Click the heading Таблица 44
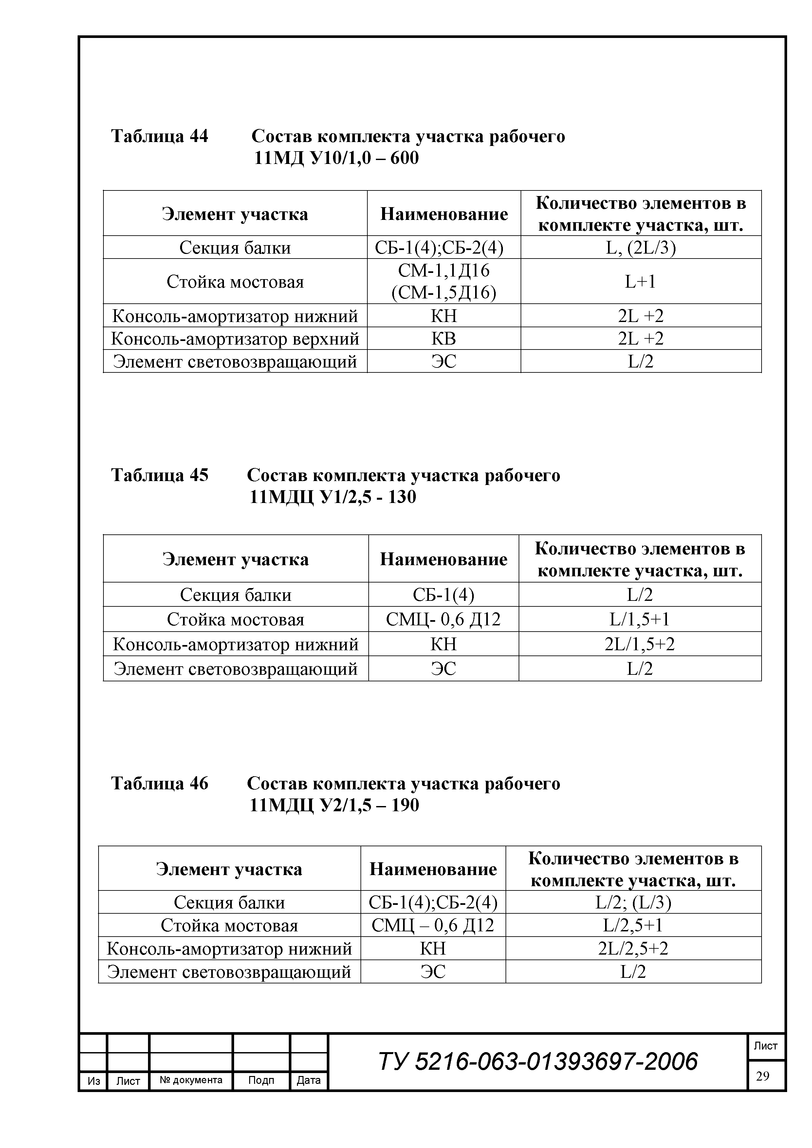point(159,136)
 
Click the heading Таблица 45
point(159,475)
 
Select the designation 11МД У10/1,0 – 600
point(336,158)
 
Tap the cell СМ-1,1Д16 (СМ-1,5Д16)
point(444,281)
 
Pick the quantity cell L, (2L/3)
point(640,247)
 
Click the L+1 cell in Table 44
point(640,281)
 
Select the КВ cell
point(444,338)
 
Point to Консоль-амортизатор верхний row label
point(235,338)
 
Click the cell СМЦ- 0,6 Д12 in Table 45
point(443,619)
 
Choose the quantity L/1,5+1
point(639,619)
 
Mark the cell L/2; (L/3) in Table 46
point(633,902)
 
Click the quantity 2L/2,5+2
point(633,948)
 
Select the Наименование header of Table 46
point(433,869)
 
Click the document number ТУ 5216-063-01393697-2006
point(538,1061)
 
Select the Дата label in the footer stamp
point(309,1080)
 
